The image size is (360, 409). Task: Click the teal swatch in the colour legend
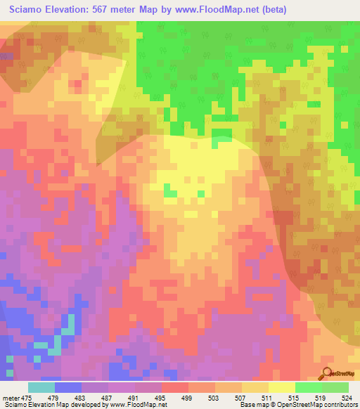(x=41, y=387)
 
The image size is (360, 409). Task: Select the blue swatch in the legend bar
(x=68, y=387)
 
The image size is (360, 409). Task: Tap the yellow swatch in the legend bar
(x=282, y=387)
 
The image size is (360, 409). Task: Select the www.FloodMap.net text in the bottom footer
(x=138, y=405)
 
